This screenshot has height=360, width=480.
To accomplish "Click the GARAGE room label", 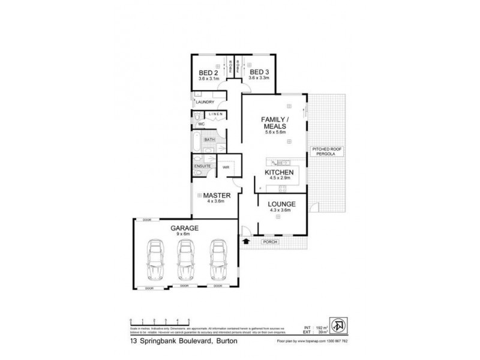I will point(184,229).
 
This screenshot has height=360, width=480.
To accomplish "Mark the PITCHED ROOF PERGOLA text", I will point(326,152).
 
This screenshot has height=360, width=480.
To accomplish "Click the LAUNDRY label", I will point(205,102).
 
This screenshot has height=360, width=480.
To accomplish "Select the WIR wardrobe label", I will point(226,167).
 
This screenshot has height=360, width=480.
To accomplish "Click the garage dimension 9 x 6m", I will point(184,235).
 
